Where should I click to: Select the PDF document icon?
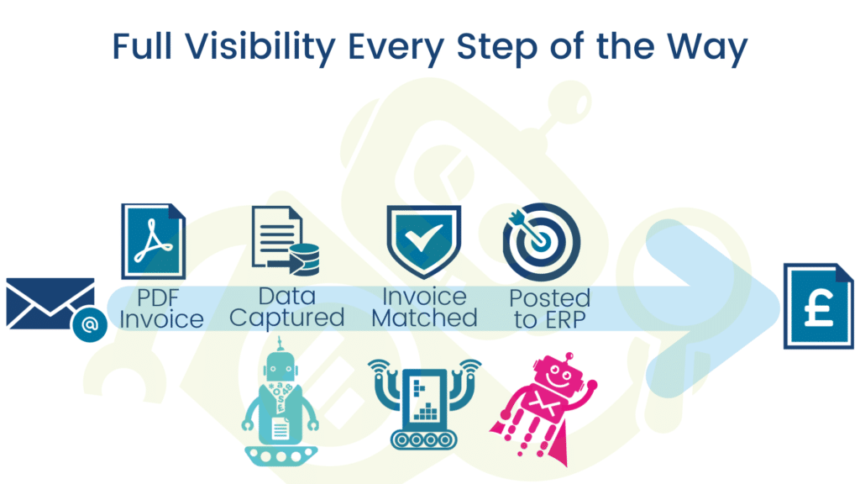coord(154,240)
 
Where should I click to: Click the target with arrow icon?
coord(541,241)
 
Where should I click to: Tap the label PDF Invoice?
coord(160,308)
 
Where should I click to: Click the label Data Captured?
coord(286,307)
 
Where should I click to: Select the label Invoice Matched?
coord(424,308)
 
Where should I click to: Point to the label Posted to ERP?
coord(549,308)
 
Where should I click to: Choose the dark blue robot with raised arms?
coord(425,403)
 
